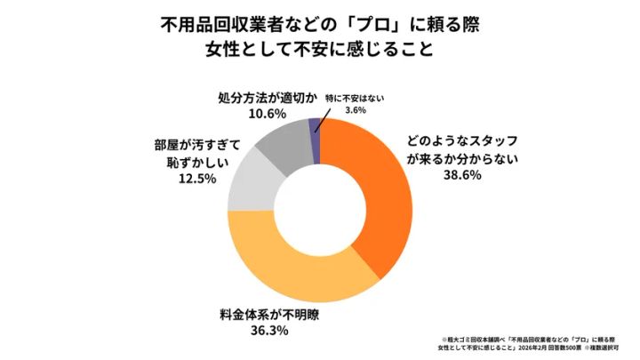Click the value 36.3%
246,332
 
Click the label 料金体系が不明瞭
252,314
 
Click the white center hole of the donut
320,210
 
